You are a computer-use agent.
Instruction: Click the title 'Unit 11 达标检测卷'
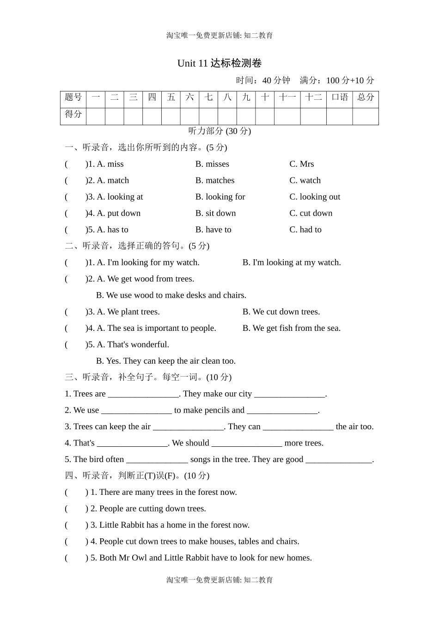point(219,63)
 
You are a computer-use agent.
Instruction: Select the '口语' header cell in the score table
point(340,97)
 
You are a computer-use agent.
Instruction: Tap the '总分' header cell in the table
point(366,97)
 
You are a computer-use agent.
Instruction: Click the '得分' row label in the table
point(73,114)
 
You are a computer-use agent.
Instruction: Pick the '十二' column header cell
point(313,97)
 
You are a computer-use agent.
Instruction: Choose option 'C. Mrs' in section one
point(301,164)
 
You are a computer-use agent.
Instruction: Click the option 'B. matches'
point(215,180)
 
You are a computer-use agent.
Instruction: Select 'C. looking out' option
point(315,197)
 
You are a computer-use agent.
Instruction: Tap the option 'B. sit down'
point(215,213)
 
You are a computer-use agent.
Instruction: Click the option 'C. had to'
point(305,230)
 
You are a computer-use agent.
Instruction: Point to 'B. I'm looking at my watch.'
point(292,262)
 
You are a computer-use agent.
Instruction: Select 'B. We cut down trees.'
point(281,312)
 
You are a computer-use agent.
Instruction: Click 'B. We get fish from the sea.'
point(292,328)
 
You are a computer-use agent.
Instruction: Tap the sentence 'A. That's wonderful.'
point(133,345)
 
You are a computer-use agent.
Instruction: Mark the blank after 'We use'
point(136,410)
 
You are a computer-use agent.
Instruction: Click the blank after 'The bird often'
point(157,460)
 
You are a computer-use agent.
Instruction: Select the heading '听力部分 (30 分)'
point(219,131)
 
